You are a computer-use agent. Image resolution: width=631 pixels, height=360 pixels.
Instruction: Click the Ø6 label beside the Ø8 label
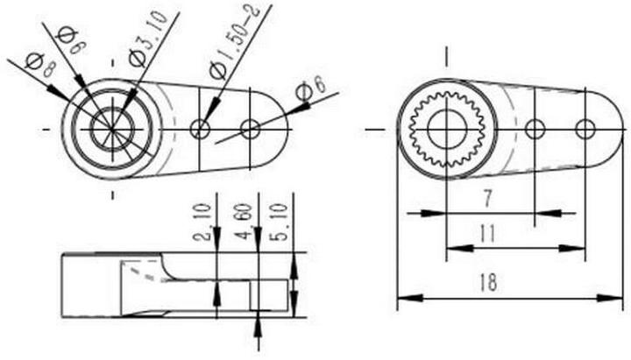(x=67, y=39)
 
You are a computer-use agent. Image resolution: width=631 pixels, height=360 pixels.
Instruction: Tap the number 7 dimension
(x=486, y=199)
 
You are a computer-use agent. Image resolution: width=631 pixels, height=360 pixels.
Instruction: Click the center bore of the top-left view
(x=112, y=130)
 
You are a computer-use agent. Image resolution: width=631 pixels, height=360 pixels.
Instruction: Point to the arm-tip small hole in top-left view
(x=251, y=130)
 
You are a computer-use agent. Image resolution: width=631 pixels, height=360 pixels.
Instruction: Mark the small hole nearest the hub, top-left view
(x=201, y=130)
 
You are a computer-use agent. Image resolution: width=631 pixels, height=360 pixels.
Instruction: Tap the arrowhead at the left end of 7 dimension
(x=454, y=212)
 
